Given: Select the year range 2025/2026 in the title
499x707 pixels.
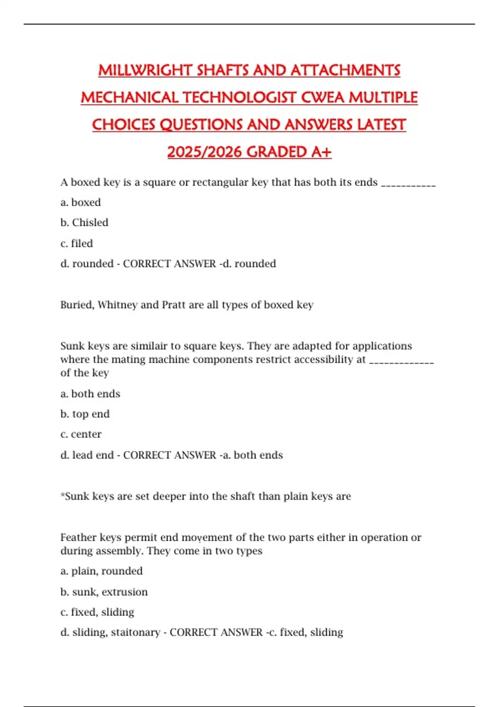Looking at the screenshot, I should click(x=205, y=152).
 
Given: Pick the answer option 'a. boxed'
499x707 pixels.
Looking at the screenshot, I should click(x=81, y=203).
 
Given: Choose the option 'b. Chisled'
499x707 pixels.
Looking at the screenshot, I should click(x=84, y=223).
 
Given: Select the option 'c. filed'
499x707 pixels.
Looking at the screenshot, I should click(x=77, y=243).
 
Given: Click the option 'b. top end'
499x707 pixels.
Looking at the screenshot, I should click(x=85, y=414).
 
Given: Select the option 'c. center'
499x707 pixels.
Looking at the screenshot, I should click(x=81, y=434).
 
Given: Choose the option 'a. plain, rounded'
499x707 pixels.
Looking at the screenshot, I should click(x=101, y=571).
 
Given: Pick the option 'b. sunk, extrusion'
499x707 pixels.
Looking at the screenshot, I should click(x=104, y=592).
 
